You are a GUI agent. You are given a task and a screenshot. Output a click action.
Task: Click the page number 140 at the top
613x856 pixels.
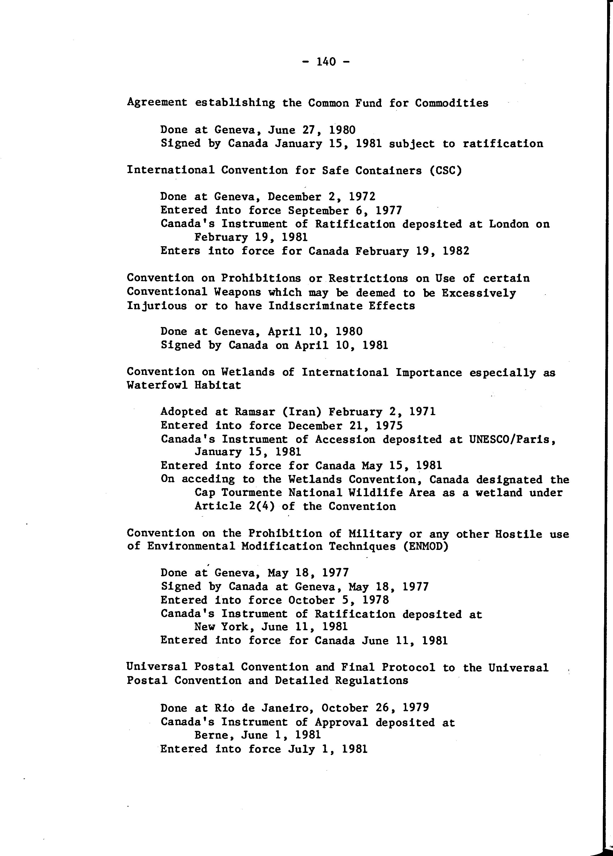tap(326, 61)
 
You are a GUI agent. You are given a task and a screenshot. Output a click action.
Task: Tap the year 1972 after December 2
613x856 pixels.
tap(362, 197)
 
